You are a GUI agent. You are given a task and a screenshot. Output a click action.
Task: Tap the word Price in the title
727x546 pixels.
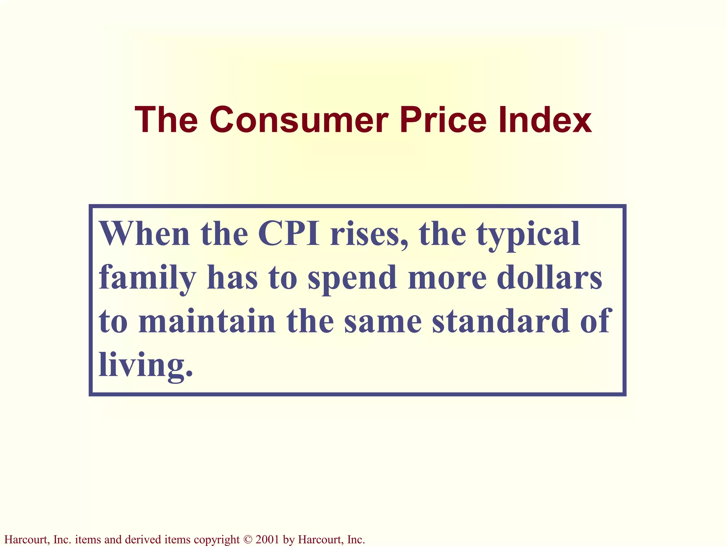click(x=443, y=120)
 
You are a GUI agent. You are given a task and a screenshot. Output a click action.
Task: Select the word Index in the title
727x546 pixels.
click(x=545, y=120)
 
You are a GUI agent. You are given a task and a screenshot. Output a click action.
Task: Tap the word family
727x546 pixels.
click(x=147, y=278)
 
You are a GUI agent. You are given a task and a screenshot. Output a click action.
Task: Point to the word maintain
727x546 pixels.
click(x=207, y=321)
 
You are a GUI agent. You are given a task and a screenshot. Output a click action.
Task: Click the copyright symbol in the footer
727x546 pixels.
click(x=247, y=540)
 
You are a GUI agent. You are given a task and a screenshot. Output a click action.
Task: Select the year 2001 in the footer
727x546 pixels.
click(x=267, y=540)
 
